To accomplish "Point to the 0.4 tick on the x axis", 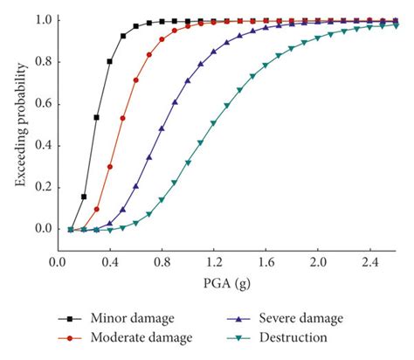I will click(109, 262).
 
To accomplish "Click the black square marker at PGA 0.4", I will click(109, 61).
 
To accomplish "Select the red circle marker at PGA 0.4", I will click(109, 166).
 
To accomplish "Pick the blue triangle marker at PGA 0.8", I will click(162, 128).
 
